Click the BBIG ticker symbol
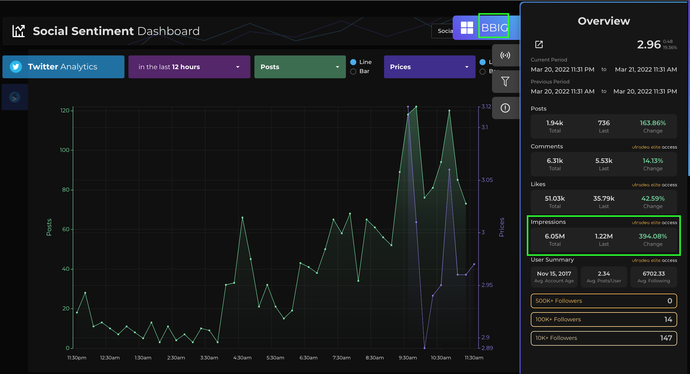pos(494,28)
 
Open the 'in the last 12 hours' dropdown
pos(189,67)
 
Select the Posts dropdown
pos(300,67)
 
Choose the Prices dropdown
pos(429,67)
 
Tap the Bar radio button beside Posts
pos(353,72)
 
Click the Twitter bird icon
pos(16,67)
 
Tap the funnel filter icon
pos(505,81)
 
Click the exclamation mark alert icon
pos(505,108)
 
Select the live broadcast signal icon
pos(505,55)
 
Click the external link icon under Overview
pos(539,44)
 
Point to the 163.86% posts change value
pos(653,123)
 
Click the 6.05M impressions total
pos(555,236)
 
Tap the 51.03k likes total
pos(555,199)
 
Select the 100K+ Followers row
pos(604,319)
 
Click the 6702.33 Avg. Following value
pos(654,274)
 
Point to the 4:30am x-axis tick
pos(243,358)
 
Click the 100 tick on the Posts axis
pos(65,150)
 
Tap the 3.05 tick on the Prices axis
pos(487,180)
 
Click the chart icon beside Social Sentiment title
pos(19,31)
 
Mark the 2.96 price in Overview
pos(649,44)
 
